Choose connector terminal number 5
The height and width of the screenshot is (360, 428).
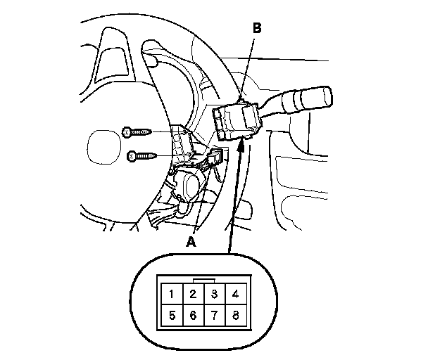(x=171, y=316)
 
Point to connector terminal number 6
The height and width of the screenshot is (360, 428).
(x=193, y=316)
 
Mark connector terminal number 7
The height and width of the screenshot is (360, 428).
(x=214, y=316)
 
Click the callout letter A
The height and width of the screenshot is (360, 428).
(x=189, y=241)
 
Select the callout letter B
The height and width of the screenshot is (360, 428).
(x=257, y=28)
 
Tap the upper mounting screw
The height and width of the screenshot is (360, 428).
(x=137, y=131)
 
